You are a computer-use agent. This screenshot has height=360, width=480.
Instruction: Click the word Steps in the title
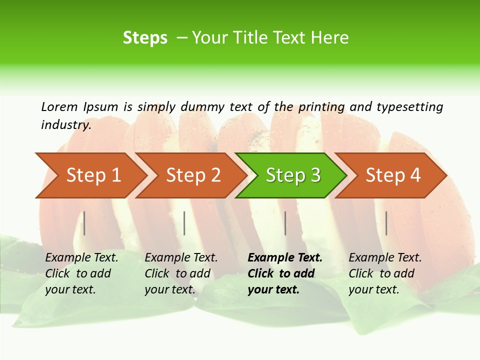coord(145,38)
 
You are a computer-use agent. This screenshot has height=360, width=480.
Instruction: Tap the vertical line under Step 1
coord(84,223)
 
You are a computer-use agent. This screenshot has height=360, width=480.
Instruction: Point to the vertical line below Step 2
coord(184,223)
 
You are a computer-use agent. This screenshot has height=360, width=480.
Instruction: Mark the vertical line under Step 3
coord(285,223)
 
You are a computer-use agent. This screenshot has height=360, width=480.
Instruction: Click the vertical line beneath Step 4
coord(386,223)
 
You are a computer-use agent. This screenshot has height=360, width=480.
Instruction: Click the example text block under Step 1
coord(81,273)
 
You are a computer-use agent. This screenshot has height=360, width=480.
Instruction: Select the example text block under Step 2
coord(181,273)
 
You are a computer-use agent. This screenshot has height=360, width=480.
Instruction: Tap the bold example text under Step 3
coord(285,273)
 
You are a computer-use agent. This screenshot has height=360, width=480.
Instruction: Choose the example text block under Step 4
coord(385,273)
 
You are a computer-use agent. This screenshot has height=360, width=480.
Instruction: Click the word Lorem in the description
coord(59,106)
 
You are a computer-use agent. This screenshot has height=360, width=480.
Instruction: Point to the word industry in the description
coord(66,124)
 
